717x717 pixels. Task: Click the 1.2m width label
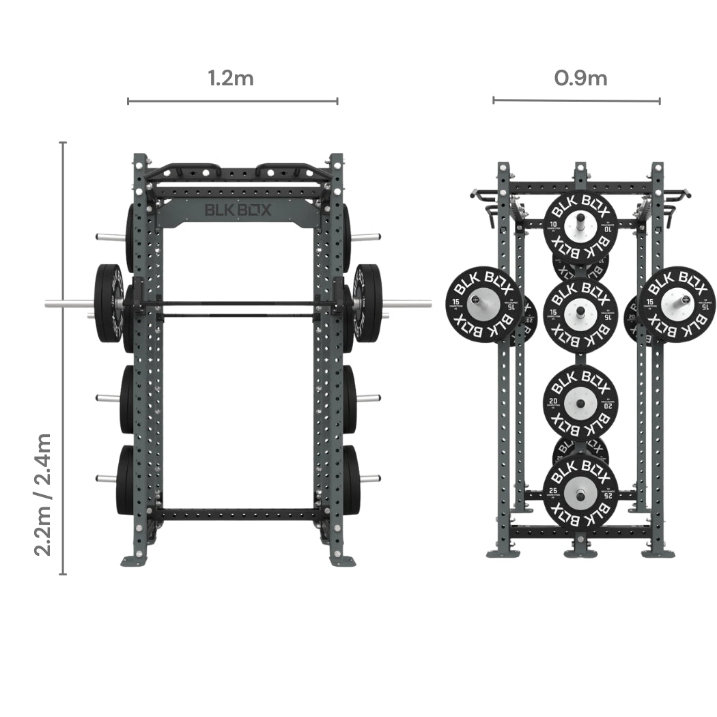tap(231, 78)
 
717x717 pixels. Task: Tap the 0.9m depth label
tap(580, 78)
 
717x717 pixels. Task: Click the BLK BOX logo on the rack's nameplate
tap(238, 211)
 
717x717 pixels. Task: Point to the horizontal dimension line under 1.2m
tap(232, 102)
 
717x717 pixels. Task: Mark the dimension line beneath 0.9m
tap(576, 101)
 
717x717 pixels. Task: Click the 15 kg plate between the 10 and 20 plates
tap(580, 314)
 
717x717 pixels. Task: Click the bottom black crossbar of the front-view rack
tap(238, 514)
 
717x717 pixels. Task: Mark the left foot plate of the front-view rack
tap(135, 561)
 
